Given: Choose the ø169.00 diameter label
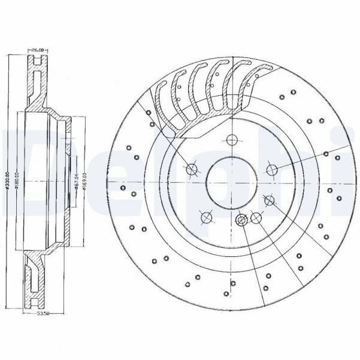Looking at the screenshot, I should click(x=85, y=182).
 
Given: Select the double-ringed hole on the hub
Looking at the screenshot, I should click(x=242, y=219).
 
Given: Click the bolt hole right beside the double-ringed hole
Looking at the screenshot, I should click(x=255, y=218).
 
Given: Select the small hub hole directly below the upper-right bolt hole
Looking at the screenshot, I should click(x=270, y=200).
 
